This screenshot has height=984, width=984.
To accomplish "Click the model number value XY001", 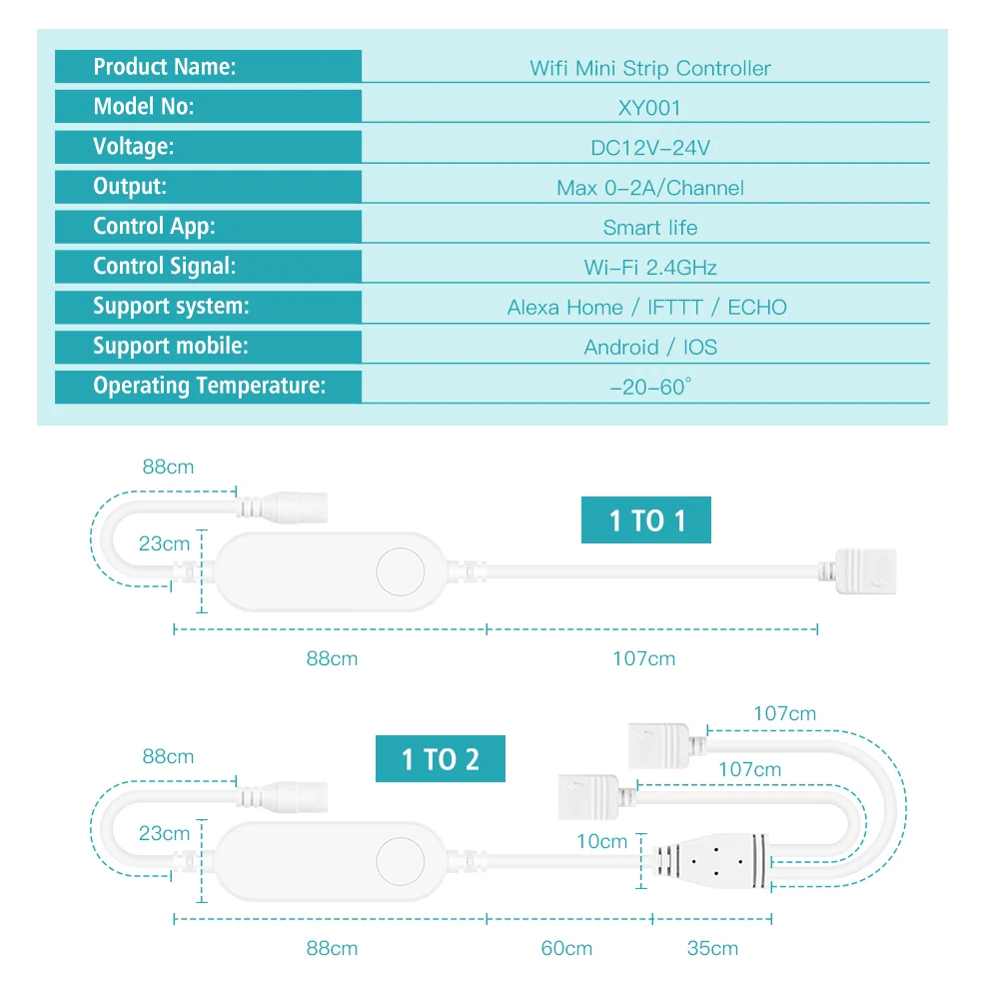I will (x=649, y=108).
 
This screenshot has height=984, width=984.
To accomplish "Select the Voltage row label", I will (x=134, y=147).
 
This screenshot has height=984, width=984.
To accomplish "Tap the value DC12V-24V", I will (x=649, y=148).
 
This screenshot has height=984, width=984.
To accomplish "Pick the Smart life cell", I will (x=649, y=228).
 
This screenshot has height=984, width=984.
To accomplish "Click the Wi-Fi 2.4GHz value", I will (x=649, y=268).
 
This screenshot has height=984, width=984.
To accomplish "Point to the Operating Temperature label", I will (x=209, y=386).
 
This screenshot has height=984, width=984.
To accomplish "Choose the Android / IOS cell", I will (x=649, y=348).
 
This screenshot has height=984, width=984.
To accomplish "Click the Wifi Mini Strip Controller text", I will (x=649, y=69).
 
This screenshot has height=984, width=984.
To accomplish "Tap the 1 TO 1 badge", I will (x=645, y=520).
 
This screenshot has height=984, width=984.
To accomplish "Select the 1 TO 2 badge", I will (x=440, y=759).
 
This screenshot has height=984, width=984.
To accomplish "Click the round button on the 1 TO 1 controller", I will (x=400, y=572).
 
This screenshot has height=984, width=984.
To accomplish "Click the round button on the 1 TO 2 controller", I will (x=400, y=860).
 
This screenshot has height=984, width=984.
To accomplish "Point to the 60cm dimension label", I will (x=566, y=948).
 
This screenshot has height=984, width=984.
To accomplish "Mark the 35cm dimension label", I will (x=712, y=948).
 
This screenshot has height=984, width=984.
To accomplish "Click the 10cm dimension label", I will (x=602, y=842).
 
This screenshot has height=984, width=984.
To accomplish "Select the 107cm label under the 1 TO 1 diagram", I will (x=643, y=659).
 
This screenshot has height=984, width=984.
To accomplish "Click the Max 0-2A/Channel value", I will (x=649, y=188).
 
